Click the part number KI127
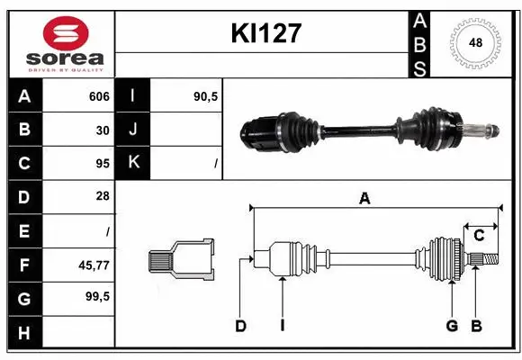(265, 34)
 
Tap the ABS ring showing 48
(473, 42)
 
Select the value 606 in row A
(99, 96)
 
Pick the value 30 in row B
(103, 129)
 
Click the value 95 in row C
(103, 163)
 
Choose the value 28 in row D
(103, 196)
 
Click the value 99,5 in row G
(97, 296)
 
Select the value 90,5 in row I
(206, 95)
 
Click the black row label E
(23, 230)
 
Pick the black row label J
(133, 129)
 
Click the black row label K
(133, 163)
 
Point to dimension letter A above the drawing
(364, 200)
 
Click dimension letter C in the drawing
(479, 235)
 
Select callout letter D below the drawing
(240, 326)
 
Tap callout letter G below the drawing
(452, 326)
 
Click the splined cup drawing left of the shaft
(181, 261)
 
